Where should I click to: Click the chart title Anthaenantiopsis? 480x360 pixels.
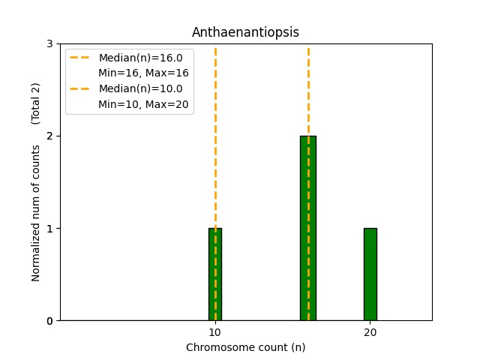pos(245,32)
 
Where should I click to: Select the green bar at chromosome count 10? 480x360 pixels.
pos(215,274)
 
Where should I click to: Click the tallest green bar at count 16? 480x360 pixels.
pos(308,228)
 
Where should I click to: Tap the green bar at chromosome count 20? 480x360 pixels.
pos(370,274)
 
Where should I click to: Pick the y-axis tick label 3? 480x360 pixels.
pos(49,43)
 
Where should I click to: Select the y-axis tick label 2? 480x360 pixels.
pos(49,136)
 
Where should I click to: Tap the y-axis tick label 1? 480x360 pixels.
pos(49,228)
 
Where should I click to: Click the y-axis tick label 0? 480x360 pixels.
pos(49,320)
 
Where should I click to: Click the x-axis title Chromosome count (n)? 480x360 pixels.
pos(245,347)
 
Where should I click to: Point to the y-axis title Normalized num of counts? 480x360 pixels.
pos(36,213)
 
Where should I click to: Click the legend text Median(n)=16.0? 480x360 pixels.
pos(140,58)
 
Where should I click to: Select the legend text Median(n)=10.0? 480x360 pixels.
pos(140,88)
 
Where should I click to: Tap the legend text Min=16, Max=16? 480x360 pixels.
pos(143,73)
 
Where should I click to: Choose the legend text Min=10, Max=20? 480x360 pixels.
pos(143,103)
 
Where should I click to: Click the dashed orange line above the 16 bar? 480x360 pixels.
pos(308,90)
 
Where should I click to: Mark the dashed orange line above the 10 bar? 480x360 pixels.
pos(215,150)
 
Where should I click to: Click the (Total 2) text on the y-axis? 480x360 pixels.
pos(36,103)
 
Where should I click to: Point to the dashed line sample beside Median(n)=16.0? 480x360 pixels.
pos(81,58)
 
